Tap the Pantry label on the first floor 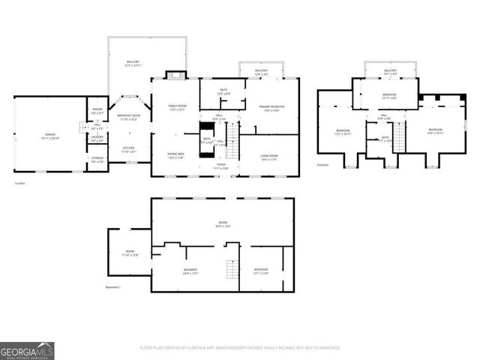coord(97,111)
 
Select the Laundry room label coord(97,139)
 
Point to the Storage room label coord(97,159)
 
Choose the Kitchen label coord(128,148)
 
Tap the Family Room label coord(177,107)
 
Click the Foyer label coord(221,166)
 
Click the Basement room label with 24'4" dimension coord(191,271)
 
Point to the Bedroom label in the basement coord(260,270)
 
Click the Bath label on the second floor coord(385,139)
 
